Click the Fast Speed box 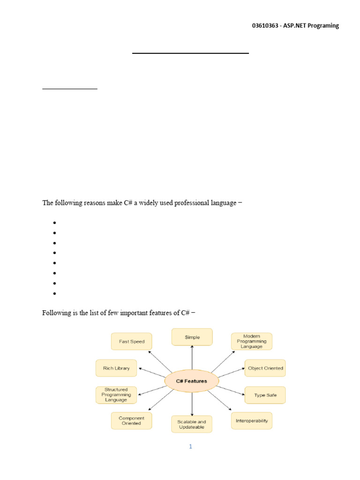(131, 341)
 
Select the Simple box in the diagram (192, 337)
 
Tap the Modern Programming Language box (251, 341)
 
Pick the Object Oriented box (265, 368)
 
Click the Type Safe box (265, 395)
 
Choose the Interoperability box (251, 420)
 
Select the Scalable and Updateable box (192, 424)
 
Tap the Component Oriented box (131, 420)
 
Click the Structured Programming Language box (116, 395)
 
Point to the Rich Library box (116, 368)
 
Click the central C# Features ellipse (191, 381)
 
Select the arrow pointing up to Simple (192, 359)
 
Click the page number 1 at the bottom (191, 446)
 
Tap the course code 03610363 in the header (266, 26)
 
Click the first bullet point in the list (55, 223)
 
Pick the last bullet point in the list (55, 294)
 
